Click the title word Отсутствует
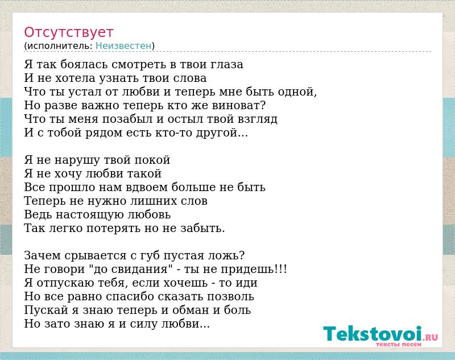click(68, 32)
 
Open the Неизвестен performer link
click(123, 46)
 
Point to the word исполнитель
click(60, 46)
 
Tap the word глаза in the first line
click(227, 64)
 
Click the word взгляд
click(258, 119)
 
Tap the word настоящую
click(90, 214)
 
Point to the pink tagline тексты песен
click(399, 344)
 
